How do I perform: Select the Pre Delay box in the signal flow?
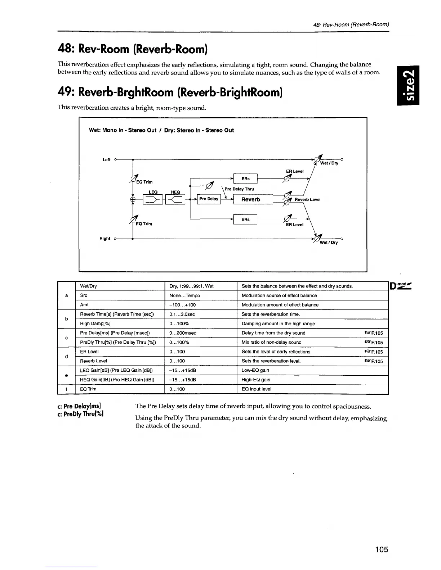[209, 199]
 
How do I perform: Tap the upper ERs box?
[245, 178]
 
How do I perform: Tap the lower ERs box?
[245, 219]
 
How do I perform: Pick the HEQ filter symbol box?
[175, 199]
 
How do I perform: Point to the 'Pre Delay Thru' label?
[239, 189]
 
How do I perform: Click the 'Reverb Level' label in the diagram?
[307, 199]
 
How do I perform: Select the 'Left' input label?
[107, 160]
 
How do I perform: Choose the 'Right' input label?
[105, 239]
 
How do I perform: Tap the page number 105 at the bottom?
[381, 549]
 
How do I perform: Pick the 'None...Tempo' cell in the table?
[184, 295]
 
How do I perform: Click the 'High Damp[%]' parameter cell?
[95, 324]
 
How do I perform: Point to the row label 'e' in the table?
[66, 375]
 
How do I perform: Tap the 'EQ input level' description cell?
[256, 389]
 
